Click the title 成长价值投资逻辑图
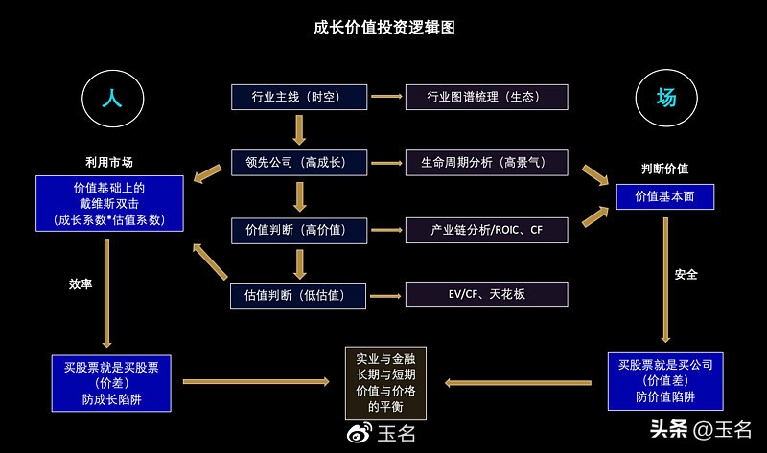coord(383,28)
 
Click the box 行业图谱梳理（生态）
coord(486,97)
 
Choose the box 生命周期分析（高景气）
coord(486,163)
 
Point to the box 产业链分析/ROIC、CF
coord(486,230)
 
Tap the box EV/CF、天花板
coord(486,295)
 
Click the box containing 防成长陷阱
coord(111,382)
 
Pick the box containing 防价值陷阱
coord(664,380)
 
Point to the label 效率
coord(81,284)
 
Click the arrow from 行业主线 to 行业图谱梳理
coord(385,97)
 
